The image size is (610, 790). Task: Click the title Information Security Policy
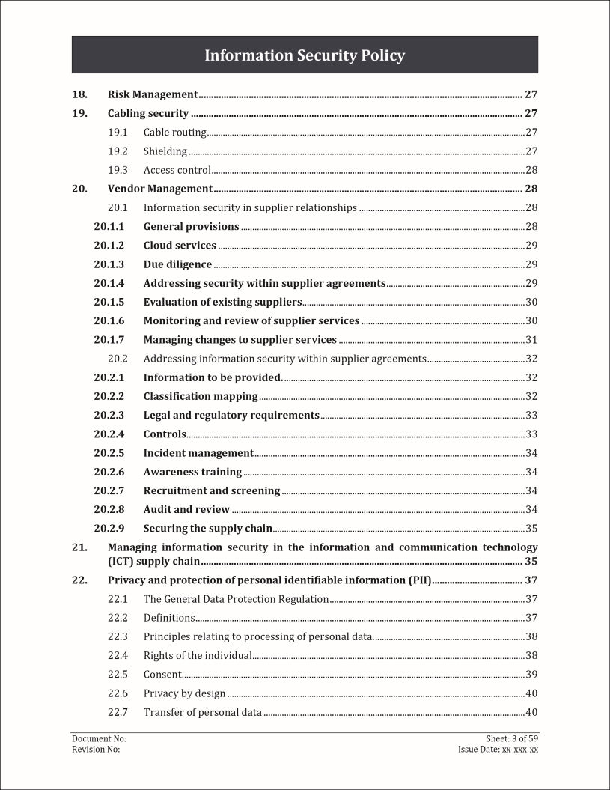coord(305,55)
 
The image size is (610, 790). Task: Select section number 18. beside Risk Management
coord(79,94)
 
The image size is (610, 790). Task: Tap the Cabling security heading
coord(148,114)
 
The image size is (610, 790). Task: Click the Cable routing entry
coord(174,133)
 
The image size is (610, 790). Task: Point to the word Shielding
coord(165,151)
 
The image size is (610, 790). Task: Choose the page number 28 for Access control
coord(531,170)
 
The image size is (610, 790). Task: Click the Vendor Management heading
coord(160,189)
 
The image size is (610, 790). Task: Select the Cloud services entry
coord(180,246)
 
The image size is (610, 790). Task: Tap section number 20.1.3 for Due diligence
coord(109,264)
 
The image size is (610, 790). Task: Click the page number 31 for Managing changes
coord(531,340)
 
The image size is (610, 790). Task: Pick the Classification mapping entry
coord(201,396)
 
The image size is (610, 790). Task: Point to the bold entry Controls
coord(164,434)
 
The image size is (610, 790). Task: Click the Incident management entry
coord(198,453)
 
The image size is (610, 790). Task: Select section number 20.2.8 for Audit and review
coord(109,509)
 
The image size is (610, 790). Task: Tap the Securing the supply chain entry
coord(207,528)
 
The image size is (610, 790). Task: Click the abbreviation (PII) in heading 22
coord(417,580)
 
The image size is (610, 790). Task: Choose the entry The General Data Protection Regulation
coord(236,599)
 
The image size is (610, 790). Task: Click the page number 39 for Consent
coord(531,674)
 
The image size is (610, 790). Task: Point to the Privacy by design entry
coord(184,693)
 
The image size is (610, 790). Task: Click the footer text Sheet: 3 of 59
coord(512,738)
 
